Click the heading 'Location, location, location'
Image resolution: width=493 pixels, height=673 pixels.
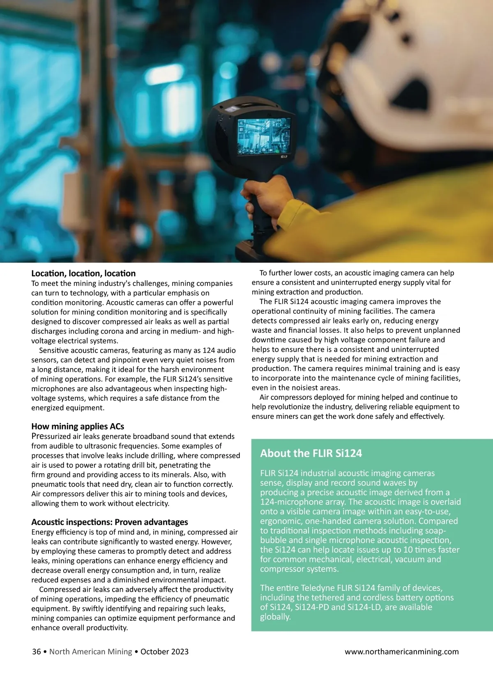(83, 273)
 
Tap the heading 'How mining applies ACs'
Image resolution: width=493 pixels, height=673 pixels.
(78, 426)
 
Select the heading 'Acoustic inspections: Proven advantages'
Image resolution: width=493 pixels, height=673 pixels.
(110, 522)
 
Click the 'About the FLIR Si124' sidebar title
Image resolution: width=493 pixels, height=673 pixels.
(311, 454)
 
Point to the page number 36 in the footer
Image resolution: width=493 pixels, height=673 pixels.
(37, 652)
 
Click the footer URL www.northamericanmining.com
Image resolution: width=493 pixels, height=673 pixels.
(401, 652)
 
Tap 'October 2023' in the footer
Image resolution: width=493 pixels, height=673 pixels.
(164, 652)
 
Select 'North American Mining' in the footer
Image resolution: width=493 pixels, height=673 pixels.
(91, 652)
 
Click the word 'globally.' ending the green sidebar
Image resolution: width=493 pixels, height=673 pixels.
(275, 617)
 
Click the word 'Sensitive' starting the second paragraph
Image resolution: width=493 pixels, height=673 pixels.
(54, 350)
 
